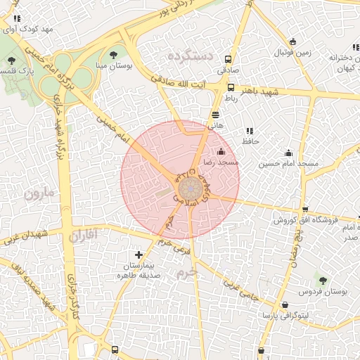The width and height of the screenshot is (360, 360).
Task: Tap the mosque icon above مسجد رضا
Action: (x=221, y=151)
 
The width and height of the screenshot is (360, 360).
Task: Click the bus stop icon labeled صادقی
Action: (x=228, y=60)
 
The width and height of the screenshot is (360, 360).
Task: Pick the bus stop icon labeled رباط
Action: (x=231, y=88)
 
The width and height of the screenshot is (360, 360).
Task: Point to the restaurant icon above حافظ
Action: (x=249, y=131)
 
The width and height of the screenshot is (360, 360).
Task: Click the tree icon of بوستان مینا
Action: (x=114, y=54)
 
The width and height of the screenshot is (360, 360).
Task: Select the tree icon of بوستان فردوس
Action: (x=323, y=280)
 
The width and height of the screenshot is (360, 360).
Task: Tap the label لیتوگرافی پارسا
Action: (x=285, y=316)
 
